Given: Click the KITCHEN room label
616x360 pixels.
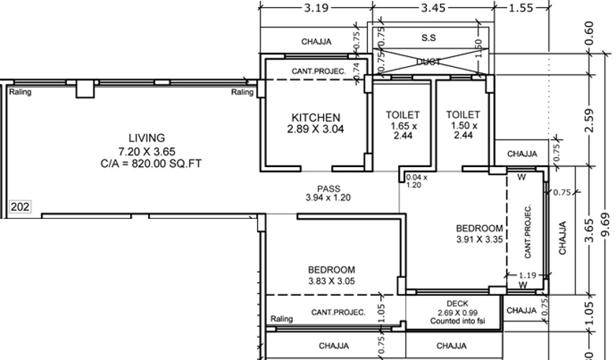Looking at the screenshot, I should (315, 117).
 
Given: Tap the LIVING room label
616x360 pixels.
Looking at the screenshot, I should (147, 138).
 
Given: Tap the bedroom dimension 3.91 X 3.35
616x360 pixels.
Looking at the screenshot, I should (479, 238).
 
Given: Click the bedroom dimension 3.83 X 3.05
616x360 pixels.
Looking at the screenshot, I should (332, 282).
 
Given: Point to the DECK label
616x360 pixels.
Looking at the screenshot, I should (457, 304).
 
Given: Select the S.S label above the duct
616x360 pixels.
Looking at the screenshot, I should (429, 37).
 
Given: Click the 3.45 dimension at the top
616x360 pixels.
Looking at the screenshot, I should (433, 8).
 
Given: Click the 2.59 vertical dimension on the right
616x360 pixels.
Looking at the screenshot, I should (590, 120).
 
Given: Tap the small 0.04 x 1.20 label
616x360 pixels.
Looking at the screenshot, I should (416, 180).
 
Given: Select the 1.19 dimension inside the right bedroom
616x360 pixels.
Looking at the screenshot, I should (528, 274).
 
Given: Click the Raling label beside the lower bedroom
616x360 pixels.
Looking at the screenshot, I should (281, 319).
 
